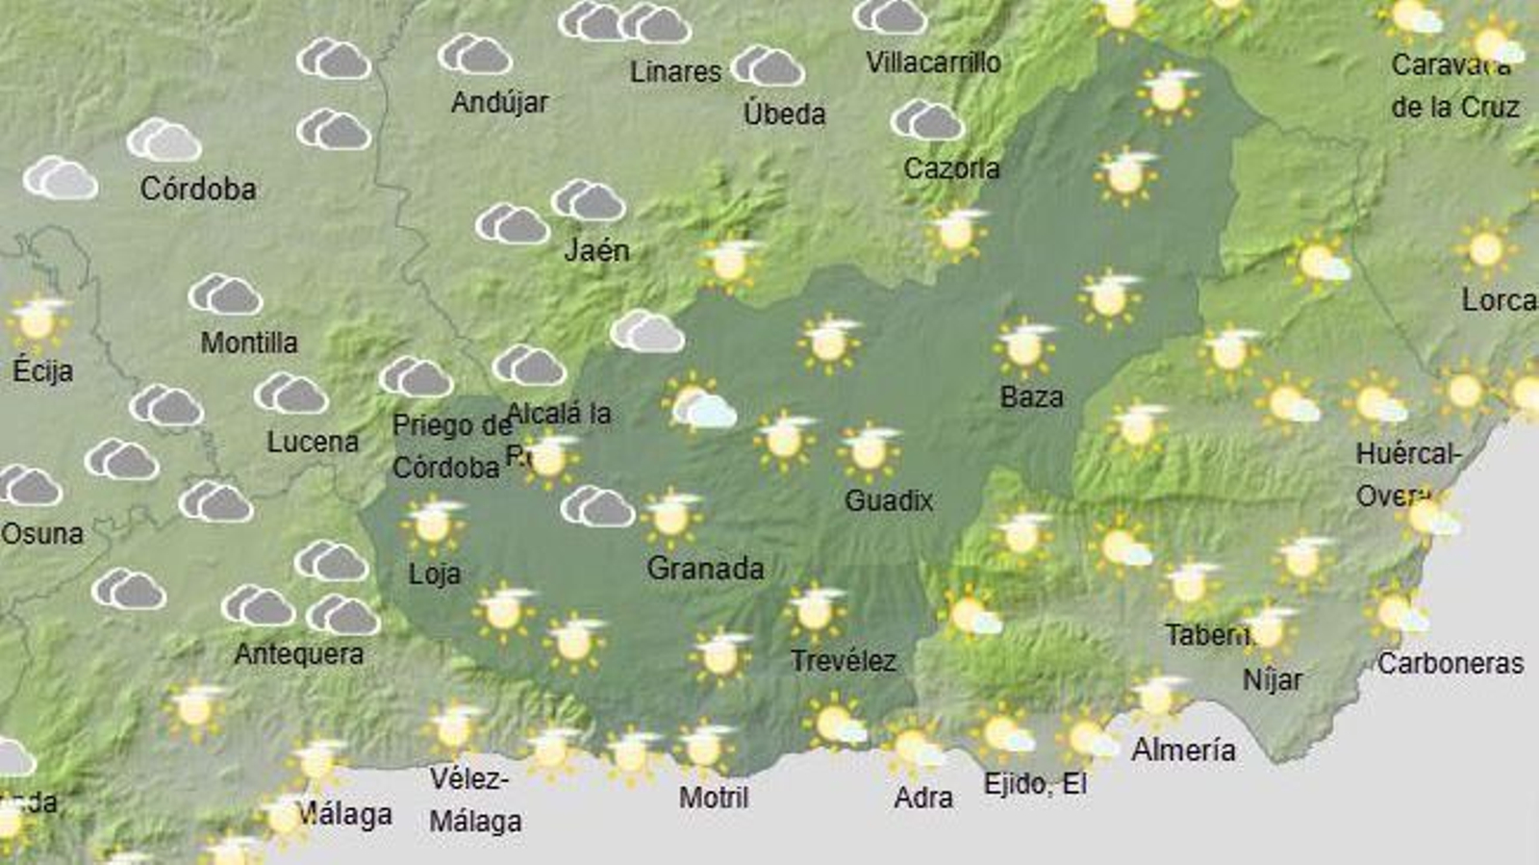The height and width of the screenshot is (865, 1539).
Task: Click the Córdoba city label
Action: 198,189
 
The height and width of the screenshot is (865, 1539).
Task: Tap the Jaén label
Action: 596,250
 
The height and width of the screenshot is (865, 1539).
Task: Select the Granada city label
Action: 705,569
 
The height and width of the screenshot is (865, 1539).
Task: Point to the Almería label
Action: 1183,750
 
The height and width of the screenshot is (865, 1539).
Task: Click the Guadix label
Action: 889,500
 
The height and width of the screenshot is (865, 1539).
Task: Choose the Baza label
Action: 1031,396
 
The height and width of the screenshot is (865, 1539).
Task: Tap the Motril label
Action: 714,797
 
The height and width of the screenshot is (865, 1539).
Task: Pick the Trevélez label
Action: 844,661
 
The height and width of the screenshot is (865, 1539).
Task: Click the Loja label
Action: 435,574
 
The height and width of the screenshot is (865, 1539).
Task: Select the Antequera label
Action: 299,654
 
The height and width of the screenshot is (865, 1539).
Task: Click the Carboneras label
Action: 1451,663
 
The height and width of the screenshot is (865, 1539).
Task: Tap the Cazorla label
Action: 951,168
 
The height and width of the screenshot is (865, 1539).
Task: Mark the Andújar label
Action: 499,102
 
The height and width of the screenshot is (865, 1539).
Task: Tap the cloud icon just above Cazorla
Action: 926,121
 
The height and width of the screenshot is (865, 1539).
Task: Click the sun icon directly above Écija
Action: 37,322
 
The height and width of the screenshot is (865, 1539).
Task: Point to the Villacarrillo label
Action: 933,63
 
